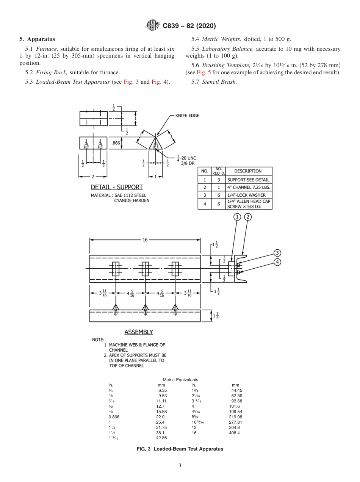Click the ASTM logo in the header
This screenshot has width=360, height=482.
[152, 26]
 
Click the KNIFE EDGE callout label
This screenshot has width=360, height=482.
[187, 116]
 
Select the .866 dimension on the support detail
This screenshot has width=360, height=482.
[116, 143]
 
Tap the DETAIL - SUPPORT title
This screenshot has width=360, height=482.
[117, 187]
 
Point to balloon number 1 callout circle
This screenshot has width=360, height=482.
[237, 217]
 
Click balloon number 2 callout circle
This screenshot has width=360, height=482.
[248, 217]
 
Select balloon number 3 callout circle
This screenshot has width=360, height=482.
[277, 253]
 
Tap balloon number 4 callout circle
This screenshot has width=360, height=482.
[277, 262]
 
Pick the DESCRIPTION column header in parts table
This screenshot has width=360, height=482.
[249, 171]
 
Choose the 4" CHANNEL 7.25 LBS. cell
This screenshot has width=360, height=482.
[249, 187]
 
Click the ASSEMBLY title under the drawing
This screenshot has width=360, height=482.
[139, 332]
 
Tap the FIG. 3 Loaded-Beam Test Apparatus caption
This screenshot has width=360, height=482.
[180, 449]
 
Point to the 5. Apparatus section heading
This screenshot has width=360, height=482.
[37, 39]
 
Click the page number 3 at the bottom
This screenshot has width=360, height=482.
[180, 465]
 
